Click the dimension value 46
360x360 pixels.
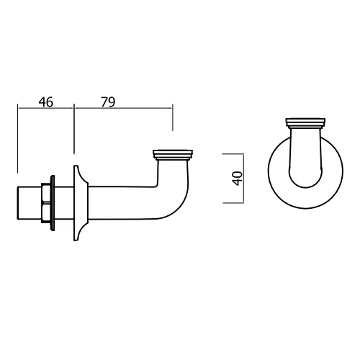45,102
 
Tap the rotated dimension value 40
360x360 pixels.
237,179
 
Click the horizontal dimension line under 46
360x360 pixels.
45,109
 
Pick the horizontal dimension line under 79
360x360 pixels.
122,109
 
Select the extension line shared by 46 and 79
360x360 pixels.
73,133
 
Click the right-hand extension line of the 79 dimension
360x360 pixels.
172,119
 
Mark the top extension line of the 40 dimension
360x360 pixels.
234,153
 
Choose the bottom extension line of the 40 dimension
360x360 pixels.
234,203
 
